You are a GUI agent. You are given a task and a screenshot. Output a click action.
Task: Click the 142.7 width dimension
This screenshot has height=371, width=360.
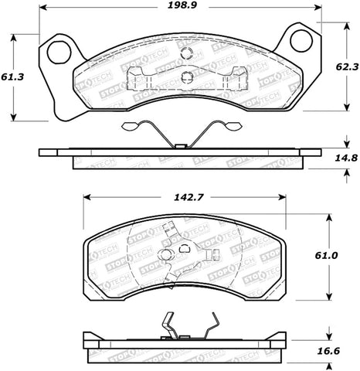pos(182,197)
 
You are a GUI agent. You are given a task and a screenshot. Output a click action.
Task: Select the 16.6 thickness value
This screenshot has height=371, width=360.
pos(345,349)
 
